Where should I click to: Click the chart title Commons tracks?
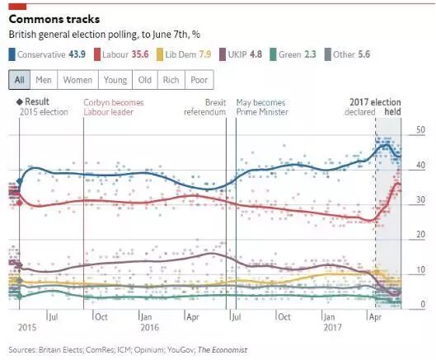[x=54, y=19]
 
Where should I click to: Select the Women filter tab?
[x=77, y=80]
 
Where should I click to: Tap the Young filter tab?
[x=115, y=80]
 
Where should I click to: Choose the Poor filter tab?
[x=199, y=80]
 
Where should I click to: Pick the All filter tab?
[x=20, y=80]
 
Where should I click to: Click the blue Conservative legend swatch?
[x=12, y=54]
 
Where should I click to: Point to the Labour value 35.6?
[x=140, y=54]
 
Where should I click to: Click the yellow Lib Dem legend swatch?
[x=160, y=54]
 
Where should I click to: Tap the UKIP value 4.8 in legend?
[x=256, y=54]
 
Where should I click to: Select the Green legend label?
[x=290, y=54]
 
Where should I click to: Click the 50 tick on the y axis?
[x=420, y=130]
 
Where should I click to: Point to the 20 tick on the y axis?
[x=420, y=234]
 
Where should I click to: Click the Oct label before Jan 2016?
[x=101, y=317]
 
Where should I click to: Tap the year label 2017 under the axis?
[x=332, y=327]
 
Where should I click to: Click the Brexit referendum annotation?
[x=205, y=107]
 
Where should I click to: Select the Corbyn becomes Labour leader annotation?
[x=114, y=107]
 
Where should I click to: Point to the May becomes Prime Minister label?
[x=262, y=107]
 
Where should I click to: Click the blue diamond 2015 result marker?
[x=19, y=181]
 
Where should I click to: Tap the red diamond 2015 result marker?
[x=19, y=203]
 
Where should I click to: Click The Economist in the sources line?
[x=223, y=350]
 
